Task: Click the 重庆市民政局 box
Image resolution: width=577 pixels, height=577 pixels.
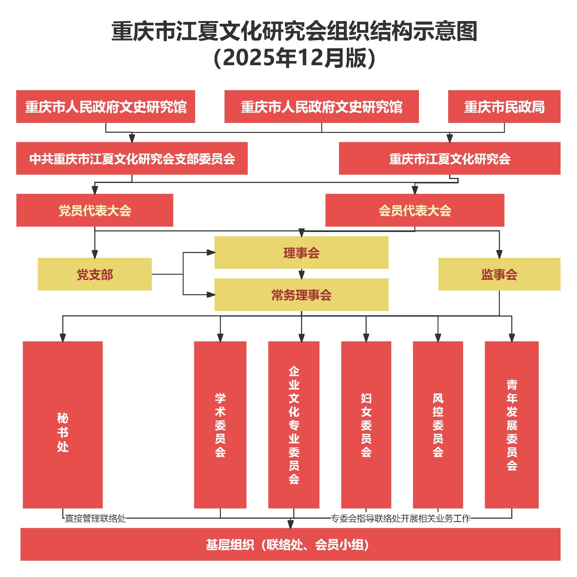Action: coord(504,107)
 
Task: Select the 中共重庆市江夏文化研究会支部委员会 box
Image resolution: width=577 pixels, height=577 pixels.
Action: coord(132,158)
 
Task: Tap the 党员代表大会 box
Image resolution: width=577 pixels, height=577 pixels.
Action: coord(95,210)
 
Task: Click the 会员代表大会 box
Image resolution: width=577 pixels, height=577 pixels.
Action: coord(415,210)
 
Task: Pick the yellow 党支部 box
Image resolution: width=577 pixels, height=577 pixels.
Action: coord(95,274)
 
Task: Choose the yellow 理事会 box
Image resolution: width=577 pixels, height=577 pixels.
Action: coord(301,252)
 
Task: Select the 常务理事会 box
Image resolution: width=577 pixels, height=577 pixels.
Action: coord(301,295)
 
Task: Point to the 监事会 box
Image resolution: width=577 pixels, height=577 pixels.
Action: coord(499,274)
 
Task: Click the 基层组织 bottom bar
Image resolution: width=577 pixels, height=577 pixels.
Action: coord(290,544)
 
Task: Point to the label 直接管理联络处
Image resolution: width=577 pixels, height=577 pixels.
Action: coord(96,518)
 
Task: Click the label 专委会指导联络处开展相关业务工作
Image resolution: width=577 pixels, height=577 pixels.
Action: coord(401,518)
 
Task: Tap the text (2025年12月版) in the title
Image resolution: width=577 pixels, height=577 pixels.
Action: coord(295,58)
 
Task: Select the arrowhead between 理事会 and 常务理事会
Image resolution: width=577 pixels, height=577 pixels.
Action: coord(301,274)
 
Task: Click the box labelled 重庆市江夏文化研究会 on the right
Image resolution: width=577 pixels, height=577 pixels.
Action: coord(450,158)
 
